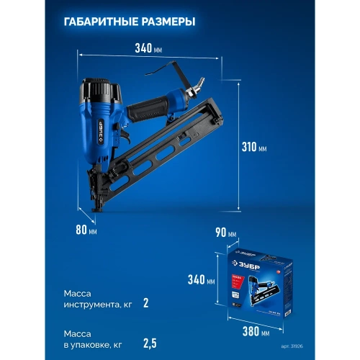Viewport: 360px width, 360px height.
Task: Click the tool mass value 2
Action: (x=145, y=303)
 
